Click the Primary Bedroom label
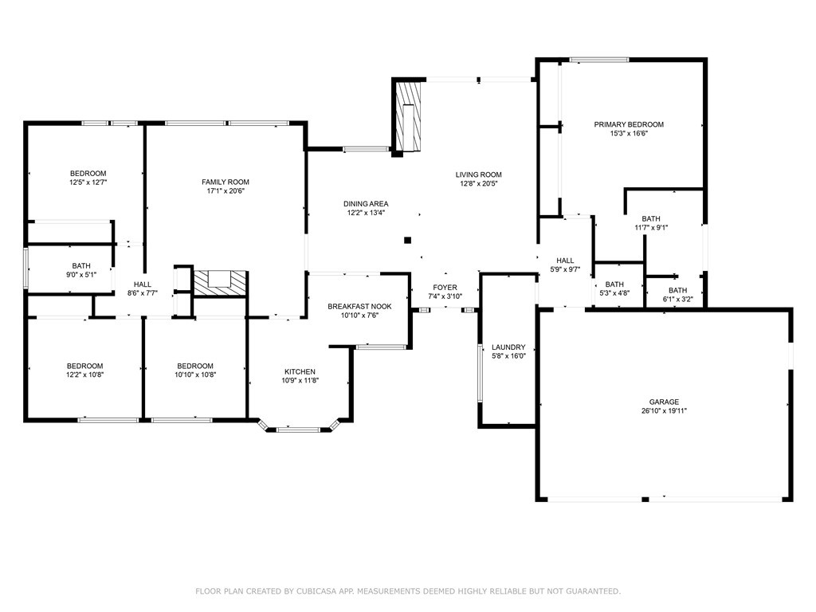(629, 128)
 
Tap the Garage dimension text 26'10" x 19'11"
(664, 410)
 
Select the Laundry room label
(508, 351)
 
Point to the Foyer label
(445, 292)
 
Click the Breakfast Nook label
(359, 311)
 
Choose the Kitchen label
(300, 376)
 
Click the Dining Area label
(366, 208)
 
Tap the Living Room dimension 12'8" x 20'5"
(479, 183)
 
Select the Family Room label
(226, 186)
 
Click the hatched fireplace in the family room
(219, 283)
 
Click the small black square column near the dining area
(407, 240)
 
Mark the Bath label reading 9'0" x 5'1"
(81, 270)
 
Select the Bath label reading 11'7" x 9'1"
(651, 223)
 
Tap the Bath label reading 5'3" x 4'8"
(614, 288)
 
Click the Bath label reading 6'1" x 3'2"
(677, 295)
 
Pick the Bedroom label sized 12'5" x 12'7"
(88, 178)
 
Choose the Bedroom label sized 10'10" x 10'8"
(195, 370)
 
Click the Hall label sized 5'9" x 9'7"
(565, 265)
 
